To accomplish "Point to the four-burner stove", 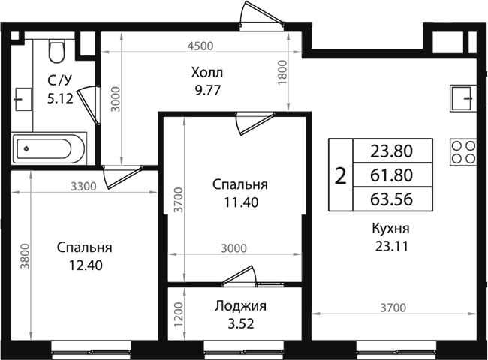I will coord(463,151).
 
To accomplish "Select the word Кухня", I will coord(390,228).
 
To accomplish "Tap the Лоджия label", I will coord(240,306).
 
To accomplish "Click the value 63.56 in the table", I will coord(392,199).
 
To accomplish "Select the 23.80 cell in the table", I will coord(392,151).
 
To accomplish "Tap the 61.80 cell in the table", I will coord(392,175).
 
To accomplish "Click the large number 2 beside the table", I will coord(340,175).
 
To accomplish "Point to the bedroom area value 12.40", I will coord(84,264).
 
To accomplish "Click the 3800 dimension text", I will coord(25,256).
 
